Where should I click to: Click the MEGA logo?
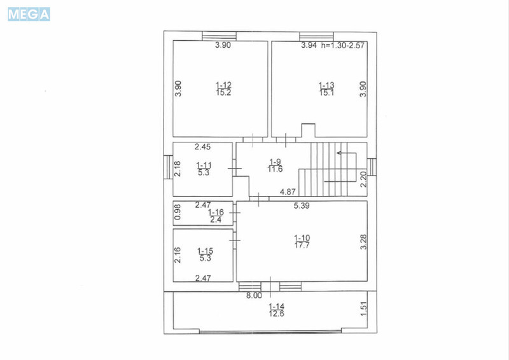(29, 14)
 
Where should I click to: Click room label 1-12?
(223, 85)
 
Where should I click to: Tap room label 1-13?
(326, 85)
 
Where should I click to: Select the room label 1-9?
(275, 161)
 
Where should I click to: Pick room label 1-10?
(302, 238)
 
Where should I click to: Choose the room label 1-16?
(216, 211)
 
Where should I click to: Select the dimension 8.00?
(254, 295)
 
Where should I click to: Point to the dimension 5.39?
(302, 205)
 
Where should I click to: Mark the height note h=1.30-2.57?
(344, 45)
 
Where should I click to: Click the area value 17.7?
(302, 246)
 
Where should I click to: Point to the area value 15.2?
(223, 92)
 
